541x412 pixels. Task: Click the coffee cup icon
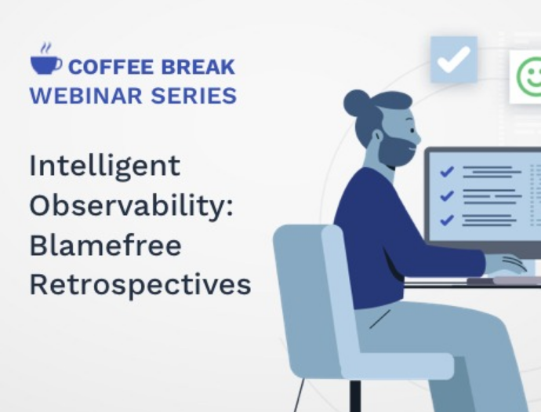click(x=45, y=65)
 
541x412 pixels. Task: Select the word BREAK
click(x=198, y=67)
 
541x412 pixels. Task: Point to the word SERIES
click(x=194, y=96)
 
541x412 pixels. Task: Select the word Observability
click(x=129, y=206)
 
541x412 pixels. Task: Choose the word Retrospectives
click(x=140, y=285)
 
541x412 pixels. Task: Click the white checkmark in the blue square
click(x=454, y=60)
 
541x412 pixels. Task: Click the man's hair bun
click(x=357, y=103)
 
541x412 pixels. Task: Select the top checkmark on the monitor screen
click(x=447, y=171)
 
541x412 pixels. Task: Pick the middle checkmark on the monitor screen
click(x=447, y=195)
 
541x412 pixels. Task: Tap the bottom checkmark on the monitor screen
click(x=447, y=220)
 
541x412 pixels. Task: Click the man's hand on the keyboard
click(x=507, y=264)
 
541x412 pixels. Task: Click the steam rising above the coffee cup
click(x=46, y=49)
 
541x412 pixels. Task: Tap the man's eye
click(x=412, y=130)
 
